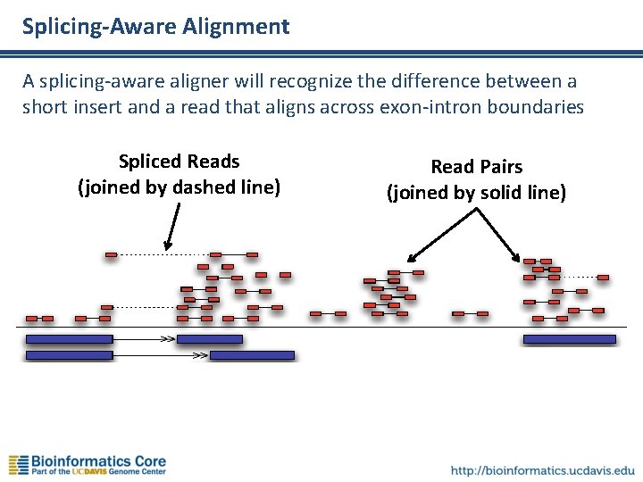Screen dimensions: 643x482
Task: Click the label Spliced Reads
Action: point(179,162)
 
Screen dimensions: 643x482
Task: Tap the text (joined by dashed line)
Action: point(179,187)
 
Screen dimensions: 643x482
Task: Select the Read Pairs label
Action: point(476,167)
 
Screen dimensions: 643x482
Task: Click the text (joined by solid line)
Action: point(476,192)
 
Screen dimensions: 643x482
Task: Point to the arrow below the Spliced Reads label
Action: point(171,227)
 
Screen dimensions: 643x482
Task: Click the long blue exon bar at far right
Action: point(569,339)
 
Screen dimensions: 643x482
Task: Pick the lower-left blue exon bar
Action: point(69,355)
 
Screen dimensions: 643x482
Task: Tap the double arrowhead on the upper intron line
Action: point(167,339)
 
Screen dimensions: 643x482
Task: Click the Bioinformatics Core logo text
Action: point(98,461)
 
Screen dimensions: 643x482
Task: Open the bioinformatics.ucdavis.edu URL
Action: point(543,470)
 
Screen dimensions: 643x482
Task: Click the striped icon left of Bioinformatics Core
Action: point(18,465)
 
